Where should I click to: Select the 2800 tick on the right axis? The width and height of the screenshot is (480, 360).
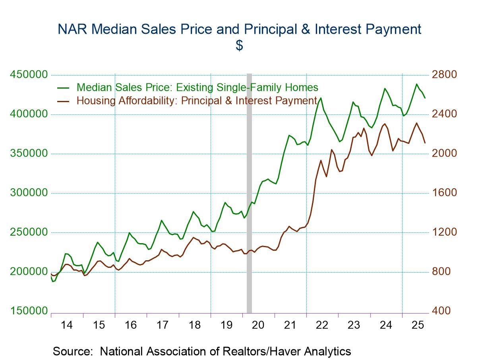point(445,75)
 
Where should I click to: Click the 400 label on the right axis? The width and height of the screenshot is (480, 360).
point(442,311)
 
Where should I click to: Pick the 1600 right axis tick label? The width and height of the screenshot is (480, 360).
point(445,193)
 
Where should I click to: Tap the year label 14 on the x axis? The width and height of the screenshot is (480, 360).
point(67,325)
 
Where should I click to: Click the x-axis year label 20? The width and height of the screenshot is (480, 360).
point(258,325)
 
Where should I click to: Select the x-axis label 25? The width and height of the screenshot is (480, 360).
point(418,325)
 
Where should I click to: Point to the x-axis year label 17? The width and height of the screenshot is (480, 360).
point(163,325)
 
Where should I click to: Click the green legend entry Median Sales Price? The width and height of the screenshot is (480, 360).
point(197,87)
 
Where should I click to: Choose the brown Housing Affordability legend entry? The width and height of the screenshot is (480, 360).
point(196,101)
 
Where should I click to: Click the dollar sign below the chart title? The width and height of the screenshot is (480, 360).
point(239,46)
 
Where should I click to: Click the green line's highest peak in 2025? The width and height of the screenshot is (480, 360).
point(416,84)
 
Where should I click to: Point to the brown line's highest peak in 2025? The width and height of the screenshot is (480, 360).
point(416,123)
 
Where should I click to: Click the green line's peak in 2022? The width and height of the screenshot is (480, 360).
point(321,98)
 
